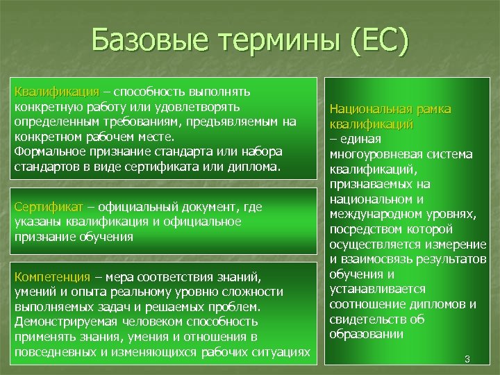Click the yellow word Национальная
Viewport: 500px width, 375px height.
371,109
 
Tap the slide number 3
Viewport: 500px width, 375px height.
467,359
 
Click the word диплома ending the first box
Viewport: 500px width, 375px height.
254,167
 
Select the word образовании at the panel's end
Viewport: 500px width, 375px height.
366,334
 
